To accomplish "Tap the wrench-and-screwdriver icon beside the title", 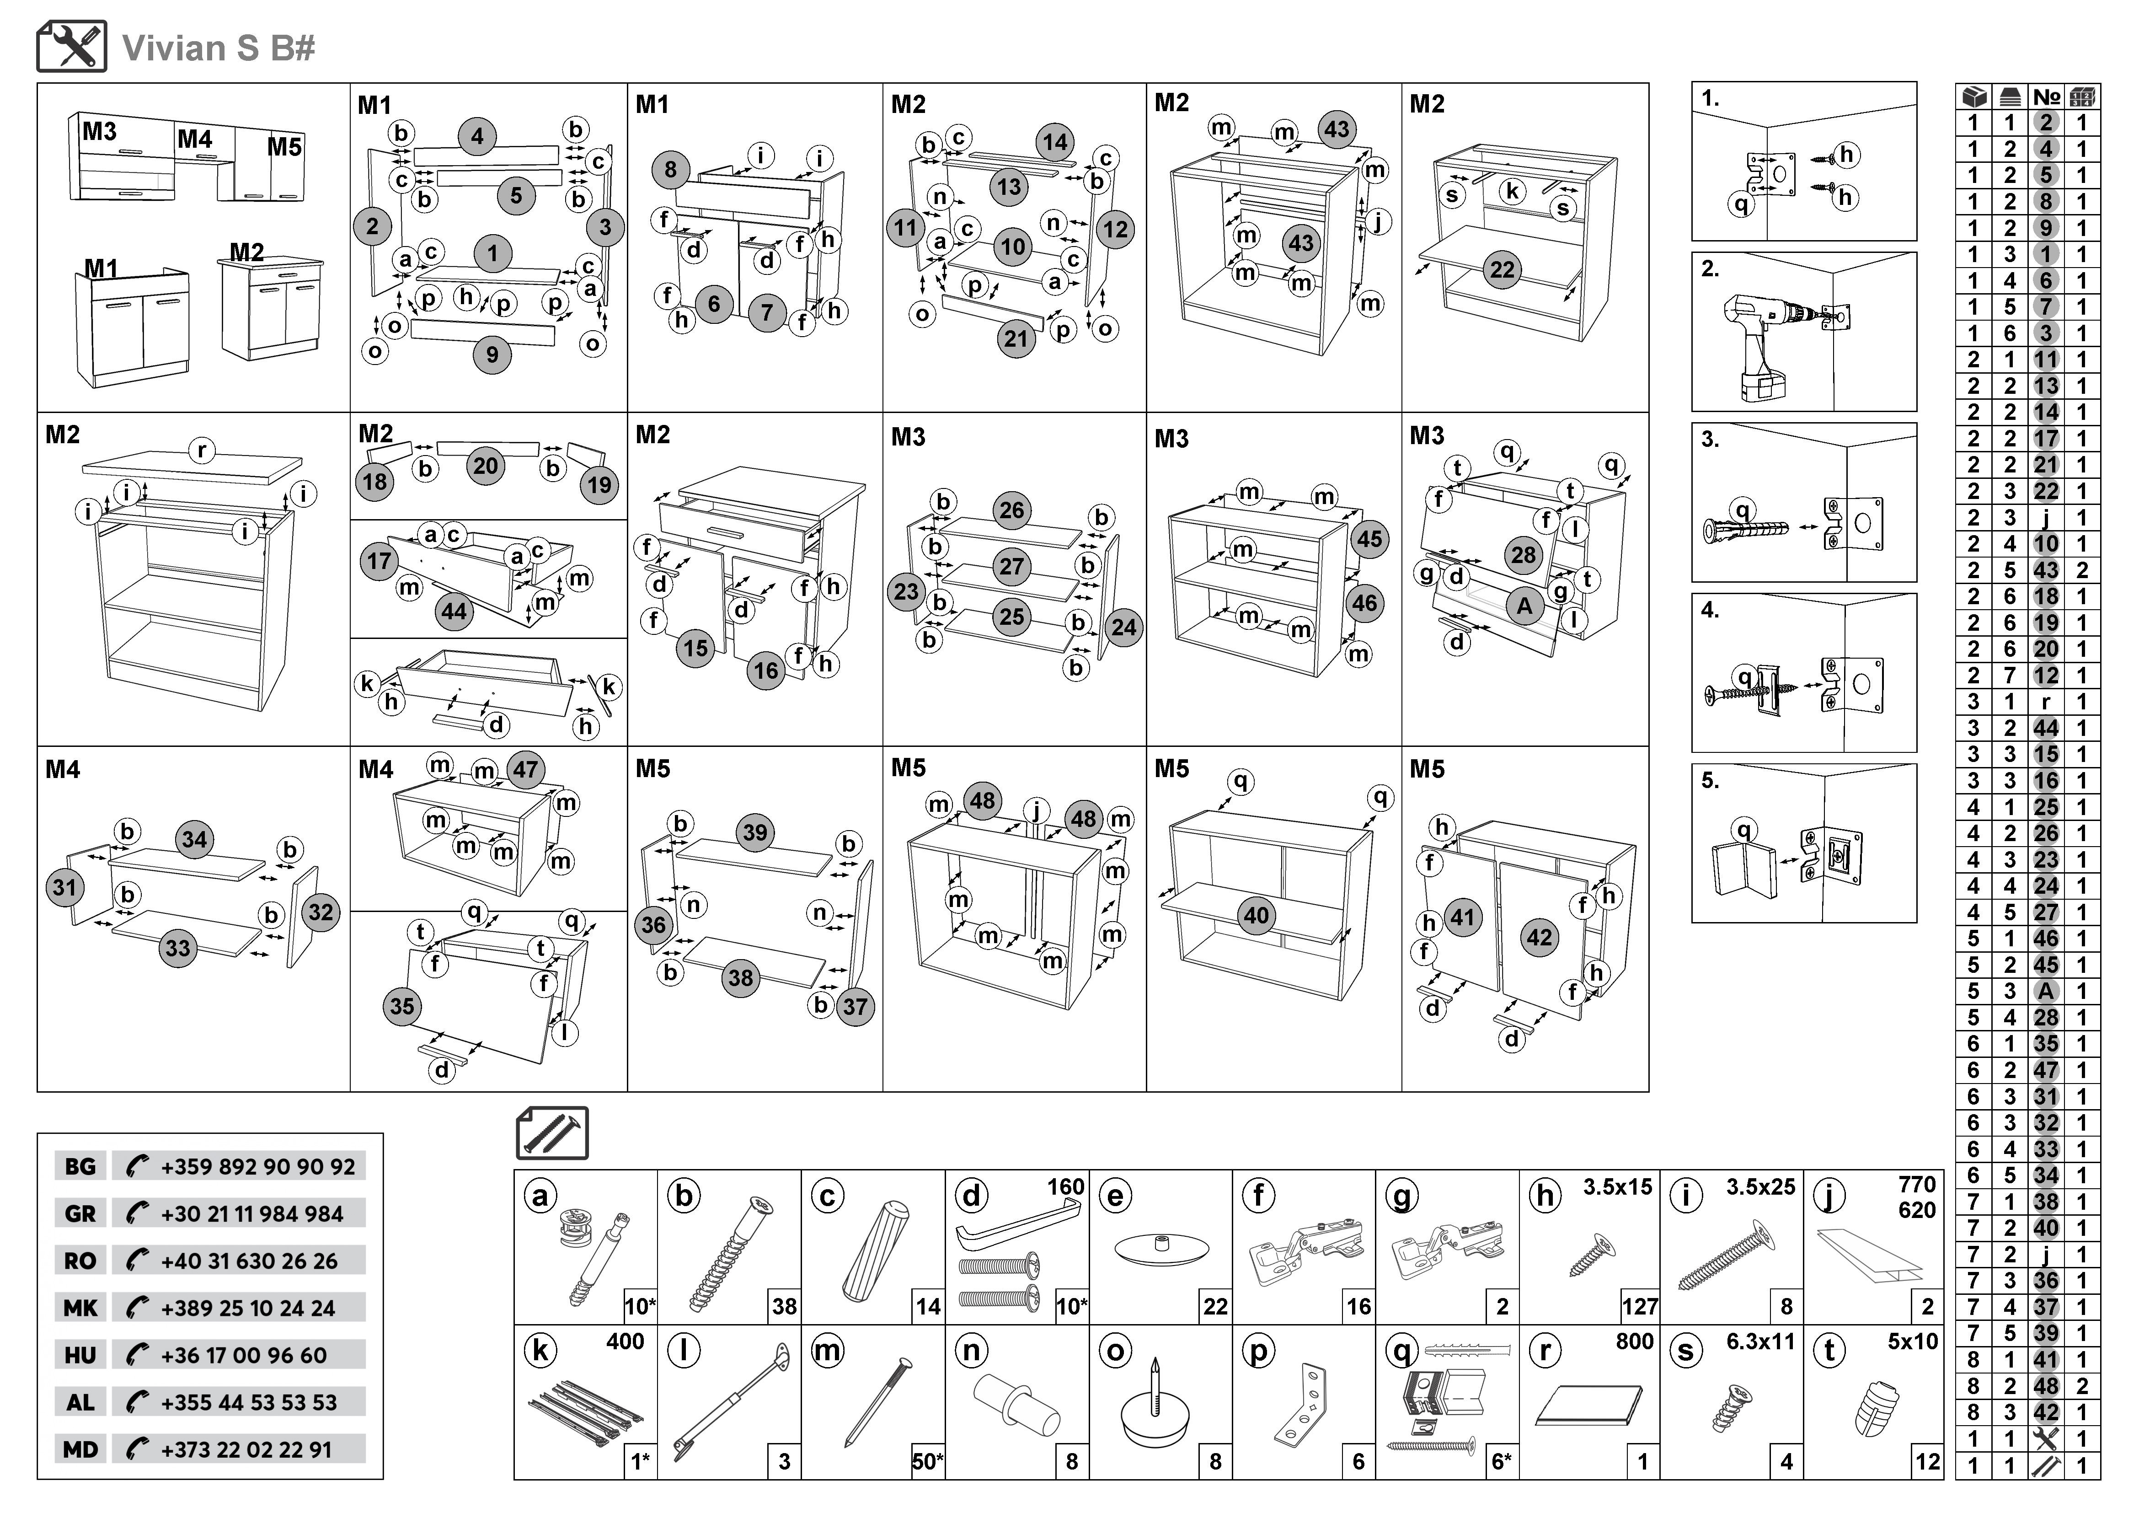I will pos(72,47).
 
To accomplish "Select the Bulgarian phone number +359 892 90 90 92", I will pos(257,1166).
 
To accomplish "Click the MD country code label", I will pos(80,1449).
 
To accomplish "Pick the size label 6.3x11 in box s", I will pos(1760,1341).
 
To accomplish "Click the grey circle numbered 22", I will pos(1502,270).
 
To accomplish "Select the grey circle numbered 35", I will pos(401,1006).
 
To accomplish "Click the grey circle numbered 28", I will pos(1523,555).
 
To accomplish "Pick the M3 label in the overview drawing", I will pos(99,131).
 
